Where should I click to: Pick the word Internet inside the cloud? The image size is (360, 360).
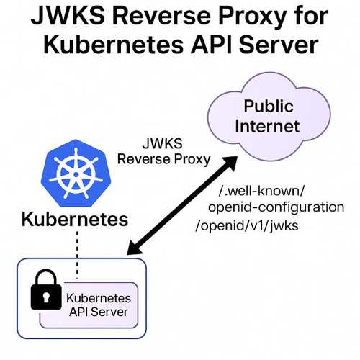[269, 127]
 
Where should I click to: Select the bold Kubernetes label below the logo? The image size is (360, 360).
[74, 219]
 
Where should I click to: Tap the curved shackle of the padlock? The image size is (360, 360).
[44, 277]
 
